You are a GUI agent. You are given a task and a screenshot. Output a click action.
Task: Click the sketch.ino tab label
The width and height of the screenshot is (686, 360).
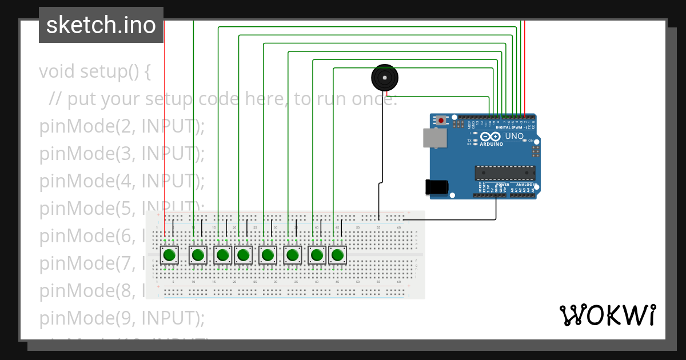(x=101, y=25)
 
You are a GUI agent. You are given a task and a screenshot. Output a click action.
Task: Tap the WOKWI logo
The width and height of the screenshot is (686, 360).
(x=607, y=315)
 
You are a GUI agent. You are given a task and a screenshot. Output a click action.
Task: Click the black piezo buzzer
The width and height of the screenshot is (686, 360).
(x=385, y=77)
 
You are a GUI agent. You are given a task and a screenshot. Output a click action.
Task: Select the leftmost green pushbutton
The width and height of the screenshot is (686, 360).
(x=169, y=255)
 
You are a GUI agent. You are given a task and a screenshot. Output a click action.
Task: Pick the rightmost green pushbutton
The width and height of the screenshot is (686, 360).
(x=337, y=255)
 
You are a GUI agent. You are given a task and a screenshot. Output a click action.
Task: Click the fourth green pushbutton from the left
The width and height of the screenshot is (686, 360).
(x=244, y=255)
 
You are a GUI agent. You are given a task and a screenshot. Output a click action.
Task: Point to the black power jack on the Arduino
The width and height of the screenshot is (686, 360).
(x=436, y=187)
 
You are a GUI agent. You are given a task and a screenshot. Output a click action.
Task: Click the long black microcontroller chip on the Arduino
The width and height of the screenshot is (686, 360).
(x=505, y=172)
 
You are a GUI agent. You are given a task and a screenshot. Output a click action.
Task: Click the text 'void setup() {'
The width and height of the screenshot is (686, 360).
(x=95, y=72)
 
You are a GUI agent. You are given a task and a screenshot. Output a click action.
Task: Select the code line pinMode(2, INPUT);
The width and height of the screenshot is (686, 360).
(x=122, y=126)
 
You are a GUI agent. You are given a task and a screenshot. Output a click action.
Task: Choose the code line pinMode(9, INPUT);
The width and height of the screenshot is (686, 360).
(x=122, y=317)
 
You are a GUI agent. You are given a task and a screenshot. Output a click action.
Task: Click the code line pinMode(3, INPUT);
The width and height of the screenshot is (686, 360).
(x=122, y=154)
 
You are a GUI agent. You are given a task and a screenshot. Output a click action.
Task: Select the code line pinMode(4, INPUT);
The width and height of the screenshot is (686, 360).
(x=122, y=181)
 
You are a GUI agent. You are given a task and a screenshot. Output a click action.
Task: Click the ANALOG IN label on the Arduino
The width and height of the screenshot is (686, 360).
(x=525, y=185)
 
